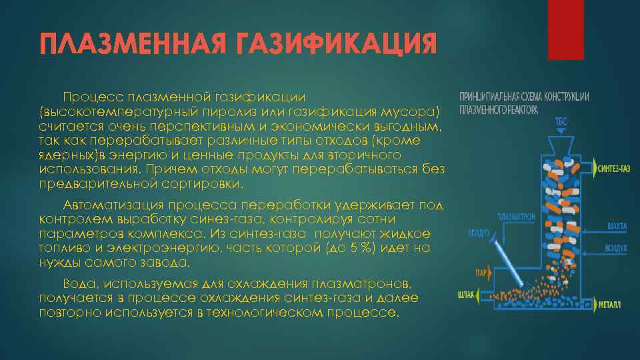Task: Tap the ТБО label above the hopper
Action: click(561, 121)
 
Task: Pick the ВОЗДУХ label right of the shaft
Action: click(615, 247)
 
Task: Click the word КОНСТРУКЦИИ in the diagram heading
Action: click(566, 97)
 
